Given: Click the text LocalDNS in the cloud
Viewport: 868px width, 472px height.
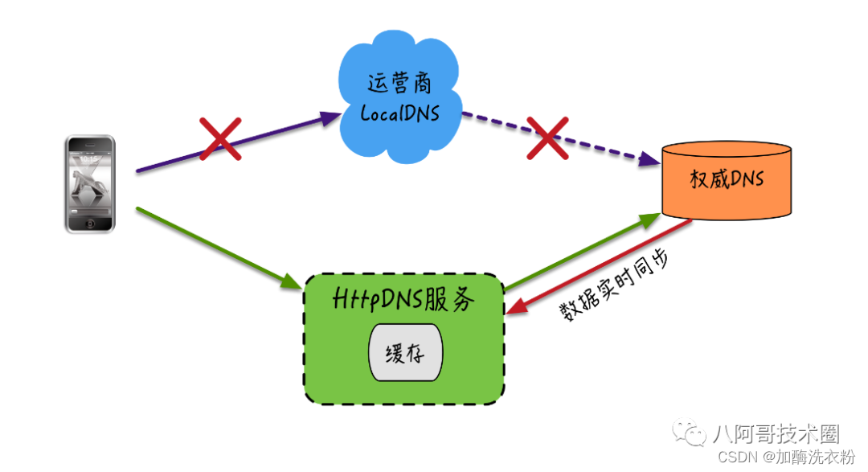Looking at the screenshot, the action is click(x=399, y=113).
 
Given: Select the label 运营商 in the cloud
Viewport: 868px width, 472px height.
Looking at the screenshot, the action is click(x=399, y=83).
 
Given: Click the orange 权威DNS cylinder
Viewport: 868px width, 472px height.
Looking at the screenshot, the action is click(x=727, y=181).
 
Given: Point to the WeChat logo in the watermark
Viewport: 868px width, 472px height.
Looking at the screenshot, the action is click(x=690, y=434).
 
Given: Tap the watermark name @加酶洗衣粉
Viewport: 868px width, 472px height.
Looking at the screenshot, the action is click(x=809, y=458).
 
